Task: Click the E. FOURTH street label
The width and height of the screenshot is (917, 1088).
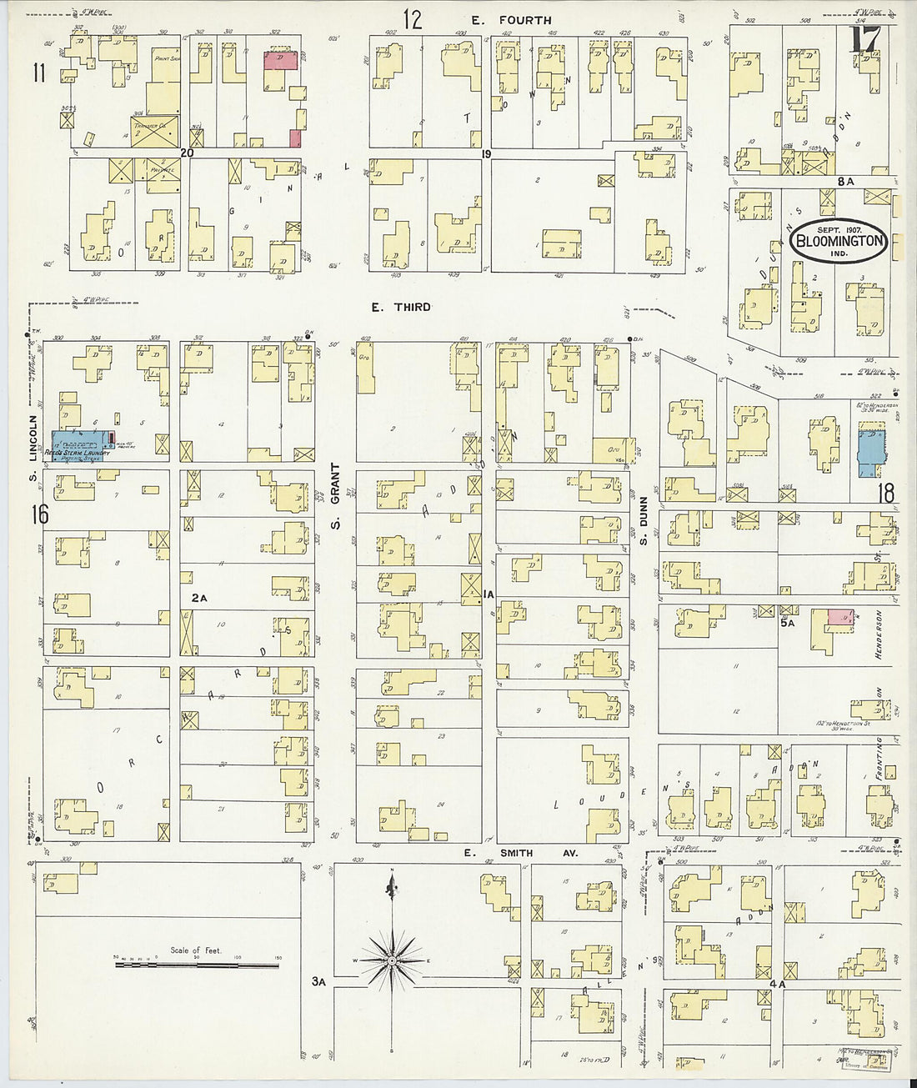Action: (x=525, y=20)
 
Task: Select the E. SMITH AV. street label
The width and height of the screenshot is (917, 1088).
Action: (x=521, y=853)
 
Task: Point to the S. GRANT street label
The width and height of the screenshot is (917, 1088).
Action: (x=336, y=500)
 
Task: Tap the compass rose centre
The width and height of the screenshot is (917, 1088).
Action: (x=391, y=961)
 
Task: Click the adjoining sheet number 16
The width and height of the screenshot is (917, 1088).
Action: (x=39, y=514)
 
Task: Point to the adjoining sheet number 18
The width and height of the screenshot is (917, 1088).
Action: (x=884, y=494)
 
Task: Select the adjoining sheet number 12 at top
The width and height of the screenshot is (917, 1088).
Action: (x=413, y=18)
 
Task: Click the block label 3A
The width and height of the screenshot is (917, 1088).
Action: (x=319, y=981)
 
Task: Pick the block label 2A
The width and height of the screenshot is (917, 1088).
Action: (x=198, y=597)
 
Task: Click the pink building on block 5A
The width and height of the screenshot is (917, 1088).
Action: (x=840, y=618)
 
